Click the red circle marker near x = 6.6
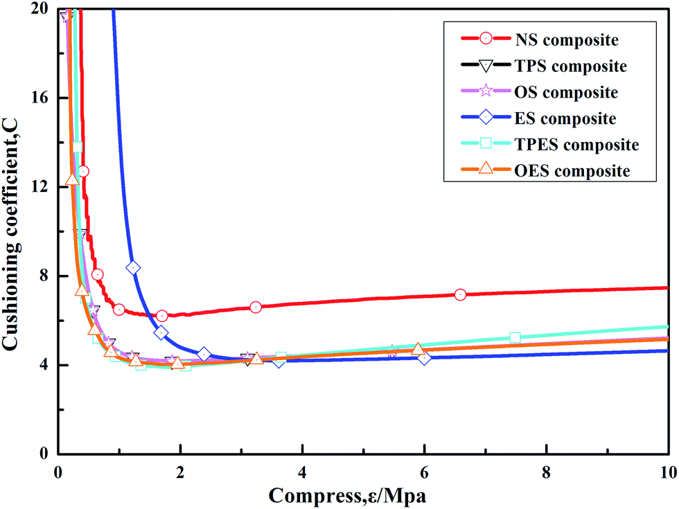point(461,294)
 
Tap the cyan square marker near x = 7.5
point(515,337)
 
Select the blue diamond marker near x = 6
point(424,357)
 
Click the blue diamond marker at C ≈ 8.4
point(134,267)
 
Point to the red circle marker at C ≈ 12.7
point(83,171)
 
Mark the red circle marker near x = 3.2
point(256,307)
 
